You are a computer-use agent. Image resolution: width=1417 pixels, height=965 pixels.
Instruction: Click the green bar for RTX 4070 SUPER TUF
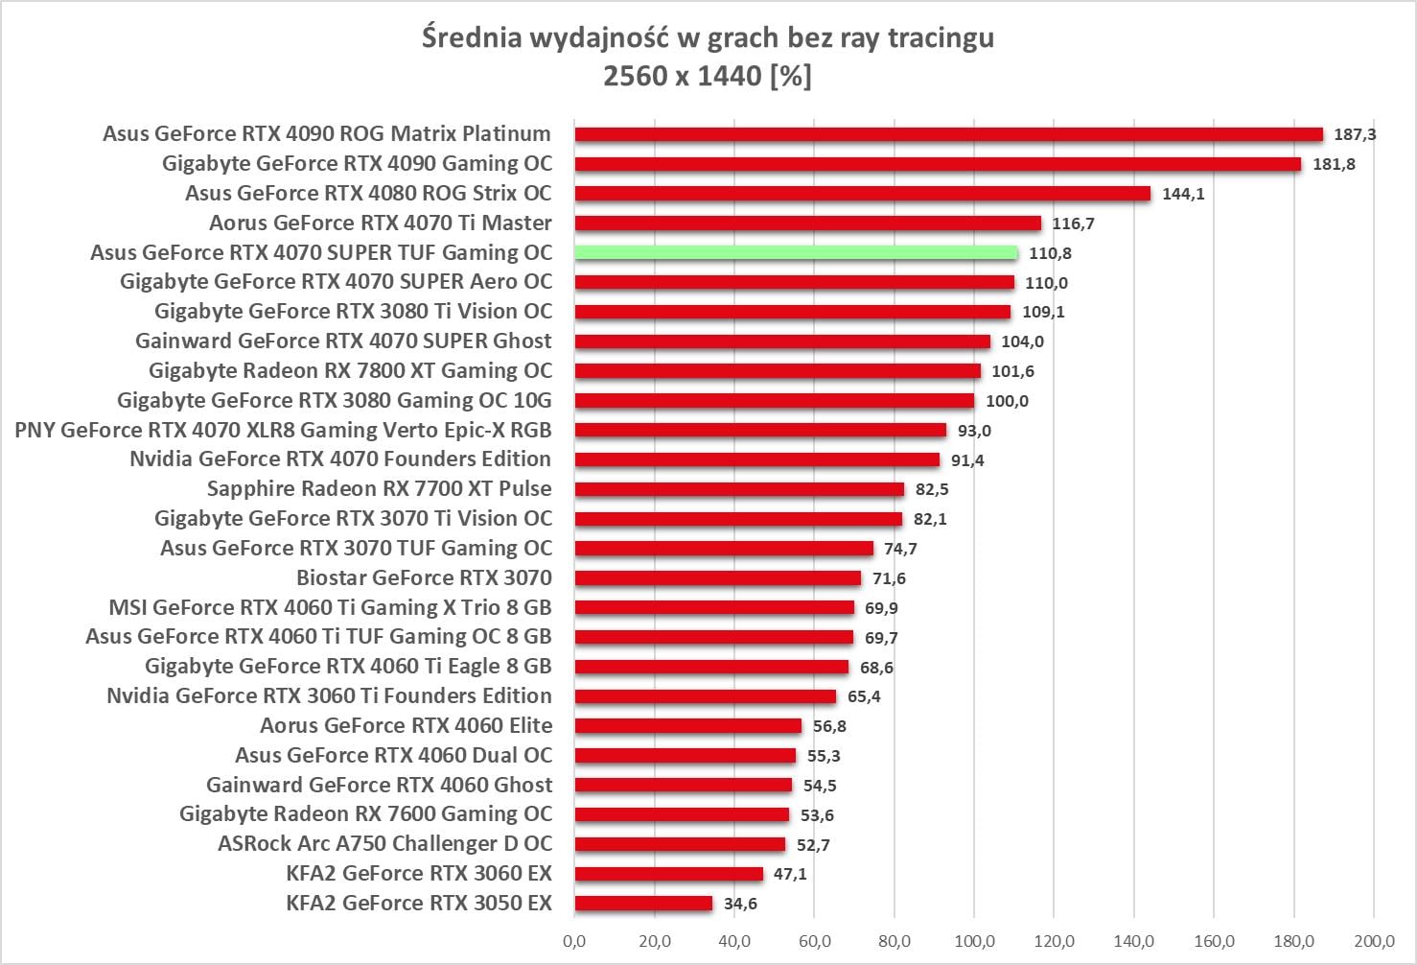point(796,253)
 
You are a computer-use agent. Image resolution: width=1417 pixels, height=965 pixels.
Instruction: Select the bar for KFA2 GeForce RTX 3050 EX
point(643,904)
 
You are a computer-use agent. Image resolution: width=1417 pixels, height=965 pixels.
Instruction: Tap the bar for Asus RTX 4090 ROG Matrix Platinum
point(948,134)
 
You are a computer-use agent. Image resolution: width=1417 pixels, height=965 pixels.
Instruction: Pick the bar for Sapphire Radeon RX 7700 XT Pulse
point(739,489)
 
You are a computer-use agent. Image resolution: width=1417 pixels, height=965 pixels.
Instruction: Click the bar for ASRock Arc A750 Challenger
point(680,845)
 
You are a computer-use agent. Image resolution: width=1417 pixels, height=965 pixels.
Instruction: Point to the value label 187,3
point(1355,134)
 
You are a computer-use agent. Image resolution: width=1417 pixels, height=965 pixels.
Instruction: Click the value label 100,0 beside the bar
point(1007,401)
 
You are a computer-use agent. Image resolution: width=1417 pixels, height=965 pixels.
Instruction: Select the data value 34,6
point(740,904)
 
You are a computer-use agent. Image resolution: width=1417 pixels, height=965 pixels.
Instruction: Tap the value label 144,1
point(1183,194)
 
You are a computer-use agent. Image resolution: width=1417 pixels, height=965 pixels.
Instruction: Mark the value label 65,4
point(864,696)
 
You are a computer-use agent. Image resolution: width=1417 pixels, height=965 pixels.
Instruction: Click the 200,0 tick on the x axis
point(1374,941)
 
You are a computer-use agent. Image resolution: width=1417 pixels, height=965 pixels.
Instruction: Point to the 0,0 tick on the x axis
point(575,941)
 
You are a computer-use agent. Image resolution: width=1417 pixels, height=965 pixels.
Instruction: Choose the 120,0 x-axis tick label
point(1054,941)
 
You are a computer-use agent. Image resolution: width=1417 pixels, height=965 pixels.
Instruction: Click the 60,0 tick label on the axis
point(814,941)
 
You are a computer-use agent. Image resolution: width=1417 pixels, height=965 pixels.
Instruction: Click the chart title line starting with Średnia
point(708,37)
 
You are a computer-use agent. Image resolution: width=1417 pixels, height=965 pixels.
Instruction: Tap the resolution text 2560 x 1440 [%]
point(708,75)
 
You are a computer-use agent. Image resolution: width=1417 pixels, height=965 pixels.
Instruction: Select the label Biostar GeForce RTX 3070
point(424,577)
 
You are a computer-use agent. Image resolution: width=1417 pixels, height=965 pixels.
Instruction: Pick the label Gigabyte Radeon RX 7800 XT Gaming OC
point(350,370)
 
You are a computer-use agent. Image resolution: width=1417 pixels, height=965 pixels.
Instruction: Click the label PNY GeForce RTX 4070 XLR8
point(283,430)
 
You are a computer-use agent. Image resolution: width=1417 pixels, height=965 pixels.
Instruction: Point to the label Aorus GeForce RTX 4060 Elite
point(406,725)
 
